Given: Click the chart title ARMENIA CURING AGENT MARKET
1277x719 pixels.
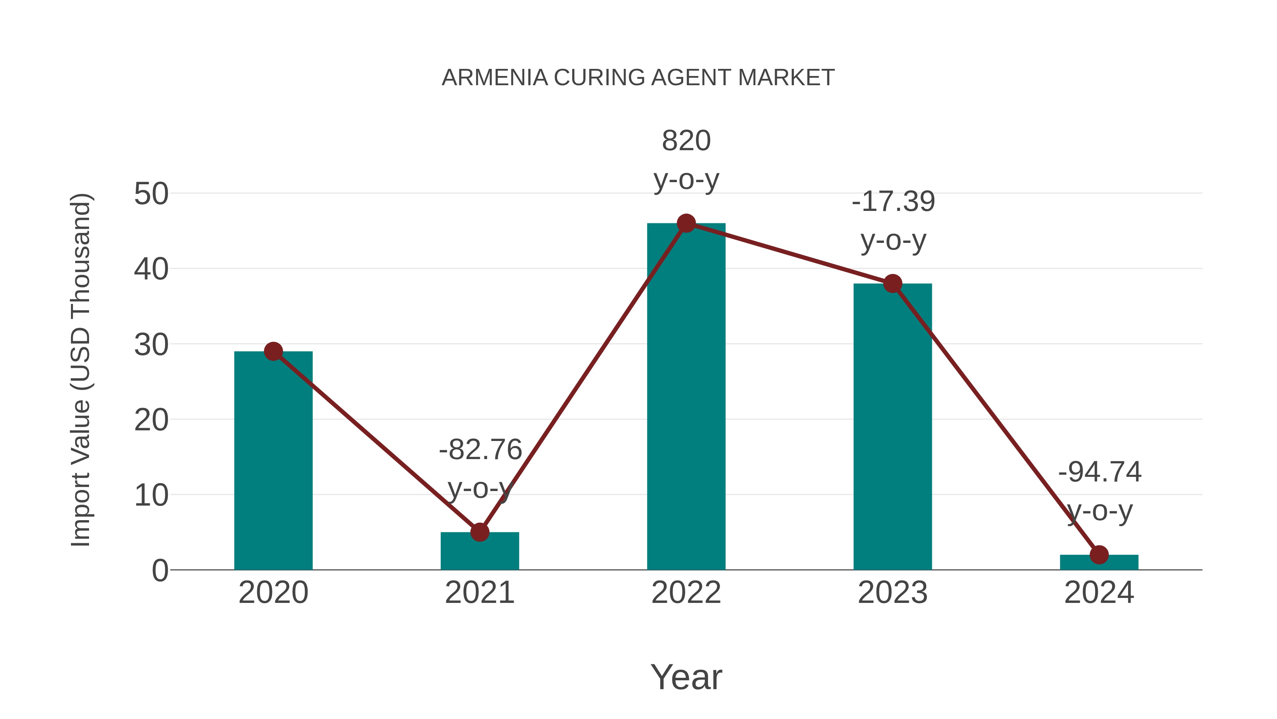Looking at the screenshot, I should click(638, 78).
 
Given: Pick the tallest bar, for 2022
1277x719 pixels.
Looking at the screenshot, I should click(686, 397).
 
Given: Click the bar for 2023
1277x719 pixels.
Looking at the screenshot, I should click(892, 427).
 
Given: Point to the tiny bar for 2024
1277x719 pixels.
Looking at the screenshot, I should click(1099, 563).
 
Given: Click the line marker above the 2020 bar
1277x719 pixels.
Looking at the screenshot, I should click(273, 351).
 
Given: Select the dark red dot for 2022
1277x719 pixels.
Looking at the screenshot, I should click(686, 223).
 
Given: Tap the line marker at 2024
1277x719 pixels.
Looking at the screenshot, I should click(1099, 555).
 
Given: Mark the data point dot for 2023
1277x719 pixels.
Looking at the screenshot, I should click(892, 284).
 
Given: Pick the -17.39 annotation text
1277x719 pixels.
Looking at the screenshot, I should click(893, 202).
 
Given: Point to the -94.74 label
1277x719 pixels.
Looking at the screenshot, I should click(1100, 472).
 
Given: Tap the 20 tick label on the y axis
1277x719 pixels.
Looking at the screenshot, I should click(151, 420).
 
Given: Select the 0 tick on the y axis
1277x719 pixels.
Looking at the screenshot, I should click(160, 571).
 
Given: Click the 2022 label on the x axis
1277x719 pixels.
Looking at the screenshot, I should click(686, 593).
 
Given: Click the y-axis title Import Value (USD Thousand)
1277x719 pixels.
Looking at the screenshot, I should click(80, 370).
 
